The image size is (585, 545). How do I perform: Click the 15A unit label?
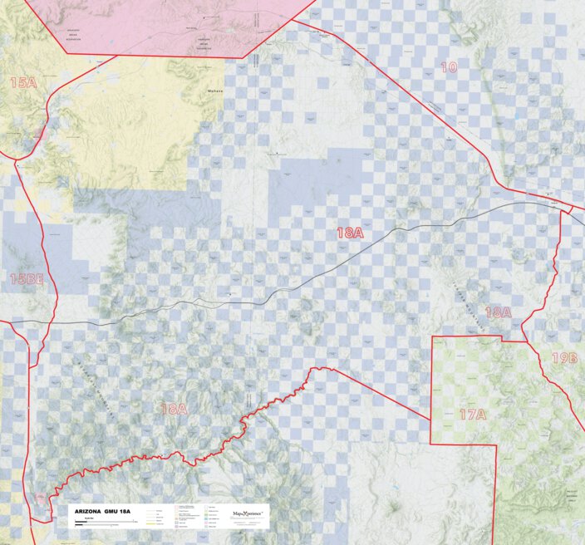pyautogui.click(x=23, y=82)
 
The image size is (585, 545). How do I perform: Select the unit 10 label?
pyautogui.click(x=449, y=67)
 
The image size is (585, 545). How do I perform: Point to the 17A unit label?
pyautogui.click(x=472, y=414)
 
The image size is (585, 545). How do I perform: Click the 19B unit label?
pyautogui.click(x=564, y=358)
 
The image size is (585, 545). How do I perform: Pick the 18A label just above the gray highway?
pyautogui.click(x=350, y=233)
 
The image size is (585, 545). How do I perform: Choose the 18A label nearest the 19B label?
pyautogui.click(x=498, y=312)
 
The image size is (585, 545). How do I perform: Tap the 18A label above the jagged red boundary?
pyautogui.click(x=175, y=409)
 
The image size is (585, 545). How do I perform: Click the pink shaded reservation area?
pyautogui.click(x=166, y=25)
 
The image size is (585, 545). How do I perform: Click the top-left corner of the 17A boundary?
pyautogui.click(x=431, y=336)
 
